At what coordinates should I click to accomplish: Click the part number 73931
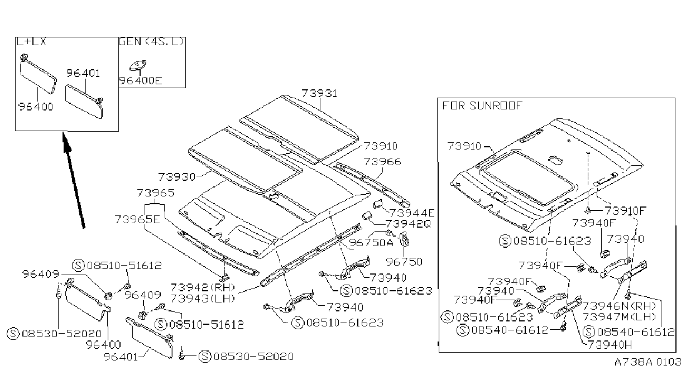click(319, 93)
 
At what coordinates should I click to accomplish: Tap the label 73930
click(177, 177)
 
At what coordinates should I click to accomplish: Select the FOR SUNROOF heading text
click(482, 105)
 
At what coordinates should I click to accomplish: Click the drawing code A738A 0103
click(647, 362)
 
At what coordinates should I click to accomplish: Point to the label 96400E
click(141, 80)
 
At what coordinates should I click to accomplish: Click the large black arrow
click(74, 180)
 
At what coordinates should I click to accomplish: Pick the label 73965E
click(137, 219)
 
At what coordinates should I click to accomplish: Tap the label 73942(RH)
click(203, 287)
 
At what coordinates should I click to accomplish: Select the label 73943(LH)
click(203, 298)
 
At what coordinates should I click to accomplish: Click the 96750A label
click(371, 242)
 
